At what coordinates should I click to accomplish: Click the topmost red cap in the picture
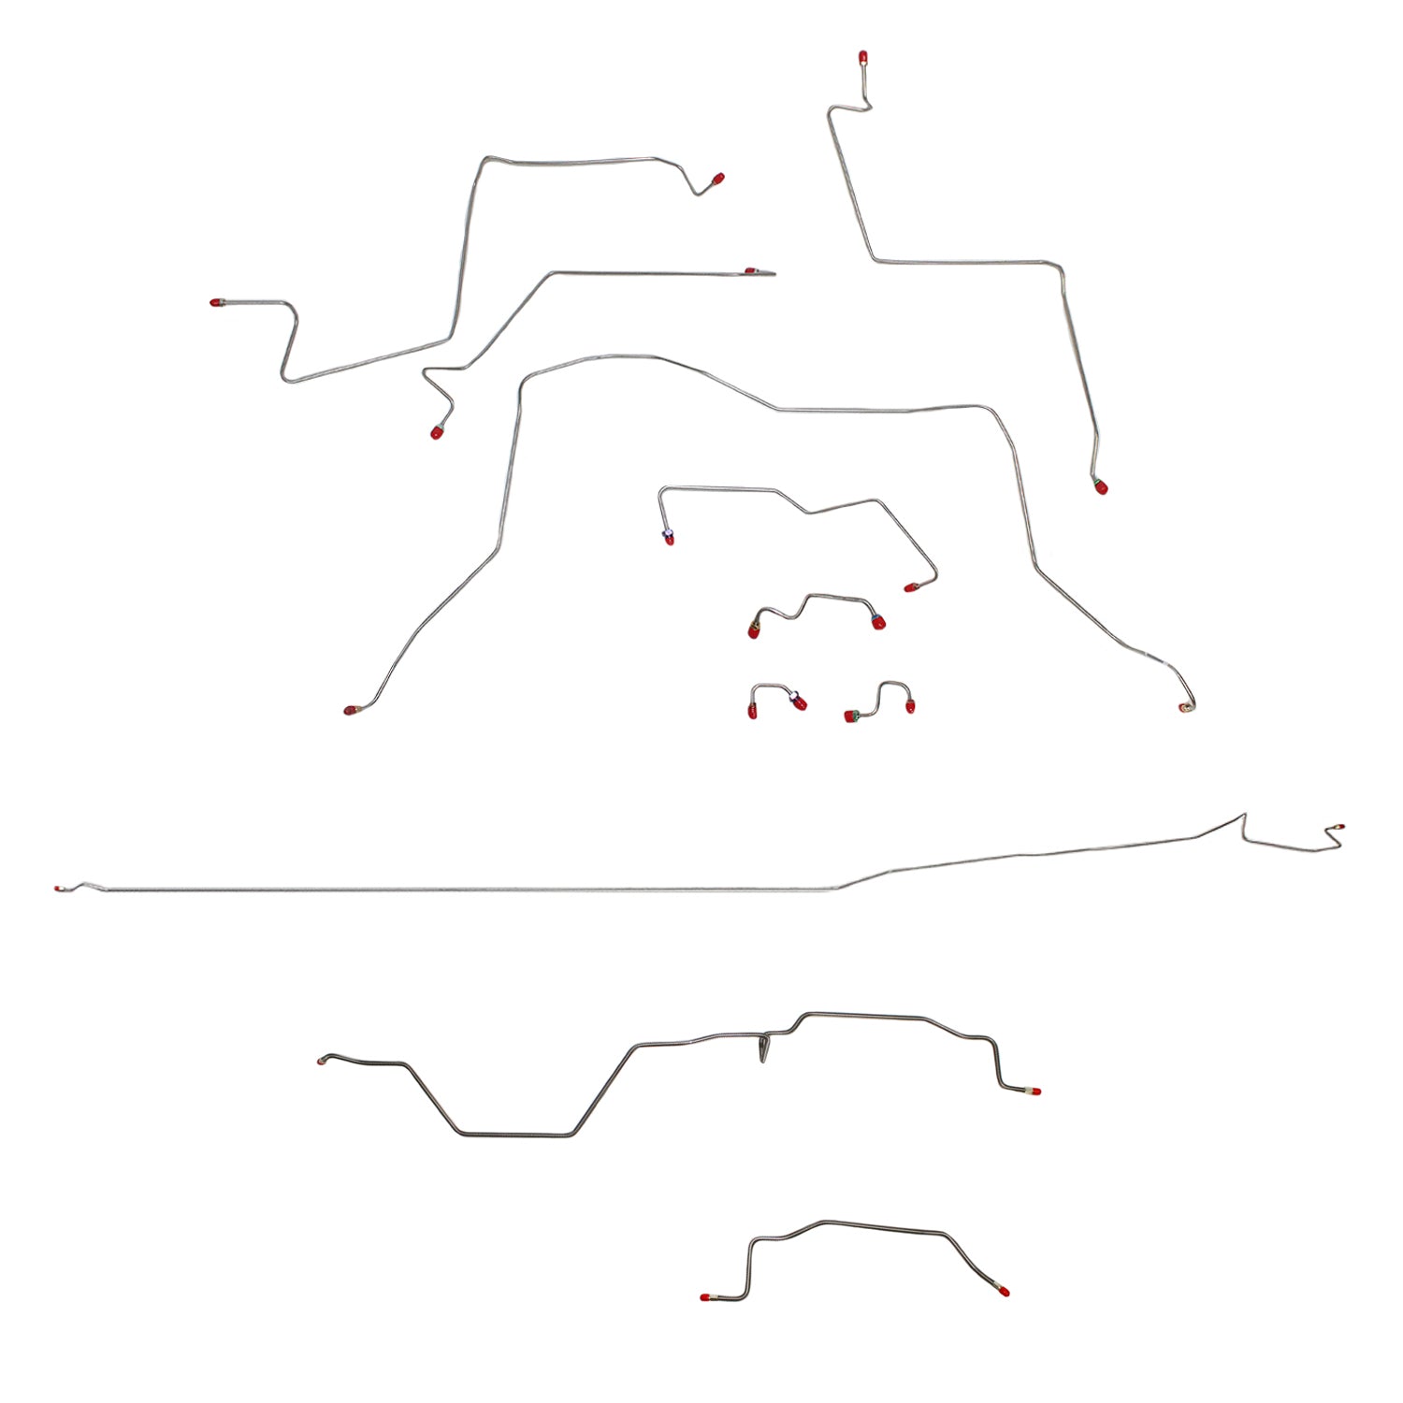(x=861, y=58)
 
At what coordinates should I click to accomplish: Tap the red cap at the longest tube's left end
(x=60, y=888)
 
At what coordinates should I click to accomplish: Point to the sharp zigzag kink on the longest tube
(x=1245, y=823)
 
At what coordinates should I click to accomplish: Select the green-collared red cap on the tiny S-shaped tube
(x=851, y=717)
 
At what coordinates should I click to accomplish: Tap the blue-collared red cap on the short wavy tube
(x=877, y=622)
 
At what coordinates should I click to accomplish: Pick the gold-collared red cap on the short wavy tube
(x=754, y=631)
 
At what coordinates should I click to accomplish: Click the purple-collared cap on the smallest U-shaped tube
(x=798, y=701)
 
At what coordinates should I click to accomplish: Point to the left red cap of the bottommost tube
(x=706, y=1297)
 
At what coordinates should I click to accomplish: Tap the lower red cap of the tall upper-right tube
(x=1101, y=486)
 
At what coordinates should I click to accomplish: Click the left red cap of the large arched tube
(x=351, y=711)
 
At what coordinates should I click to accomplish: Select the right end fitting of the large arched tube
(x=1186, y=707)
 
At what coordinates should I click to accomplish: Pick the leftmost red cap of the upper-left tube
(x=217, y=302)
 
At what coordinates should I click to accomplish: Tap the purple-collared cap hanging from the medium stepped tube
(x=668, y=538)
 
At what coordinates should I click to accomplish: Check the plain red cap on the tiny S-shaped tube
(x=909, y=707)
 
